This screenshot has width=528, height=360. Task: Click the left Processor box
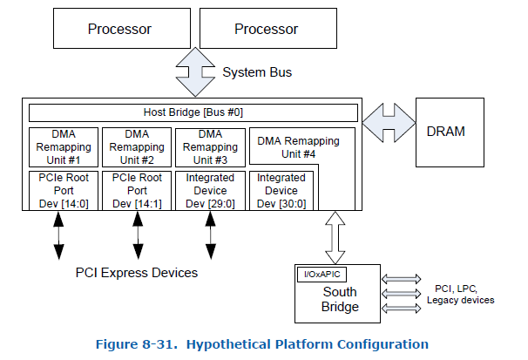pyautogui.click(x=119, y=30)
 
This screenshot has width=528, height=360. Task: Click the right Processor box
pyautogui.click(x=267, y=30)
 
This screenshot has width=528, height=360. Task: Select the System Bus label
pyautogui.click(x=256, y=71)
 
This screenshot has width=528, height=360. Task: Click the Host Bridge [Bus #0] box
pyautogui.click(x=193, y=112)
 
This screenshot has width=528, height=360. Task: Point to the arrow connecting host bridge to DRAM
pyautogui.click(x=389, y=125)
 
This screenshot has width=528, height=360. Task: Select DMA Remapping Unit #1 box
pyautogui.click(x=64, y=147)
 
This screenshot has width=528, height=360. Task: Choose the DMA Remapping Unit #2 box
pyautogui.click(x=137, y=147)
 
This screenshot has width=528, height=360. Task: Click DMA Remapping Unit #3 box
pyautogui.click(x=210, y=147)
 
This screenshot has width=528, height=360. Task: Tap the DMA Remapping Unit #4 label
pyautogui.click(x=298, y=147)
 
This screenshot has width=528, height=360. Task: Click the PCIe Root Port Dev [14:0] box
pyautogui.click(x=64, y=190)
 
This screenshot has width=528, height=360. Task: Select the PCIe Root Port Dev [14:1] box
pyautogui.click(x=137, y=190)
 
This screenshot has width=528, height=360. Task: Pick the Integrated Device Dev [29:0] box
pyautogui.click(x=210, y=190)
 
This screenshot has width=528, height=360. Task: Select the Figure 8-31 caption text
pyautogui.click(x=261, y=344)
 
